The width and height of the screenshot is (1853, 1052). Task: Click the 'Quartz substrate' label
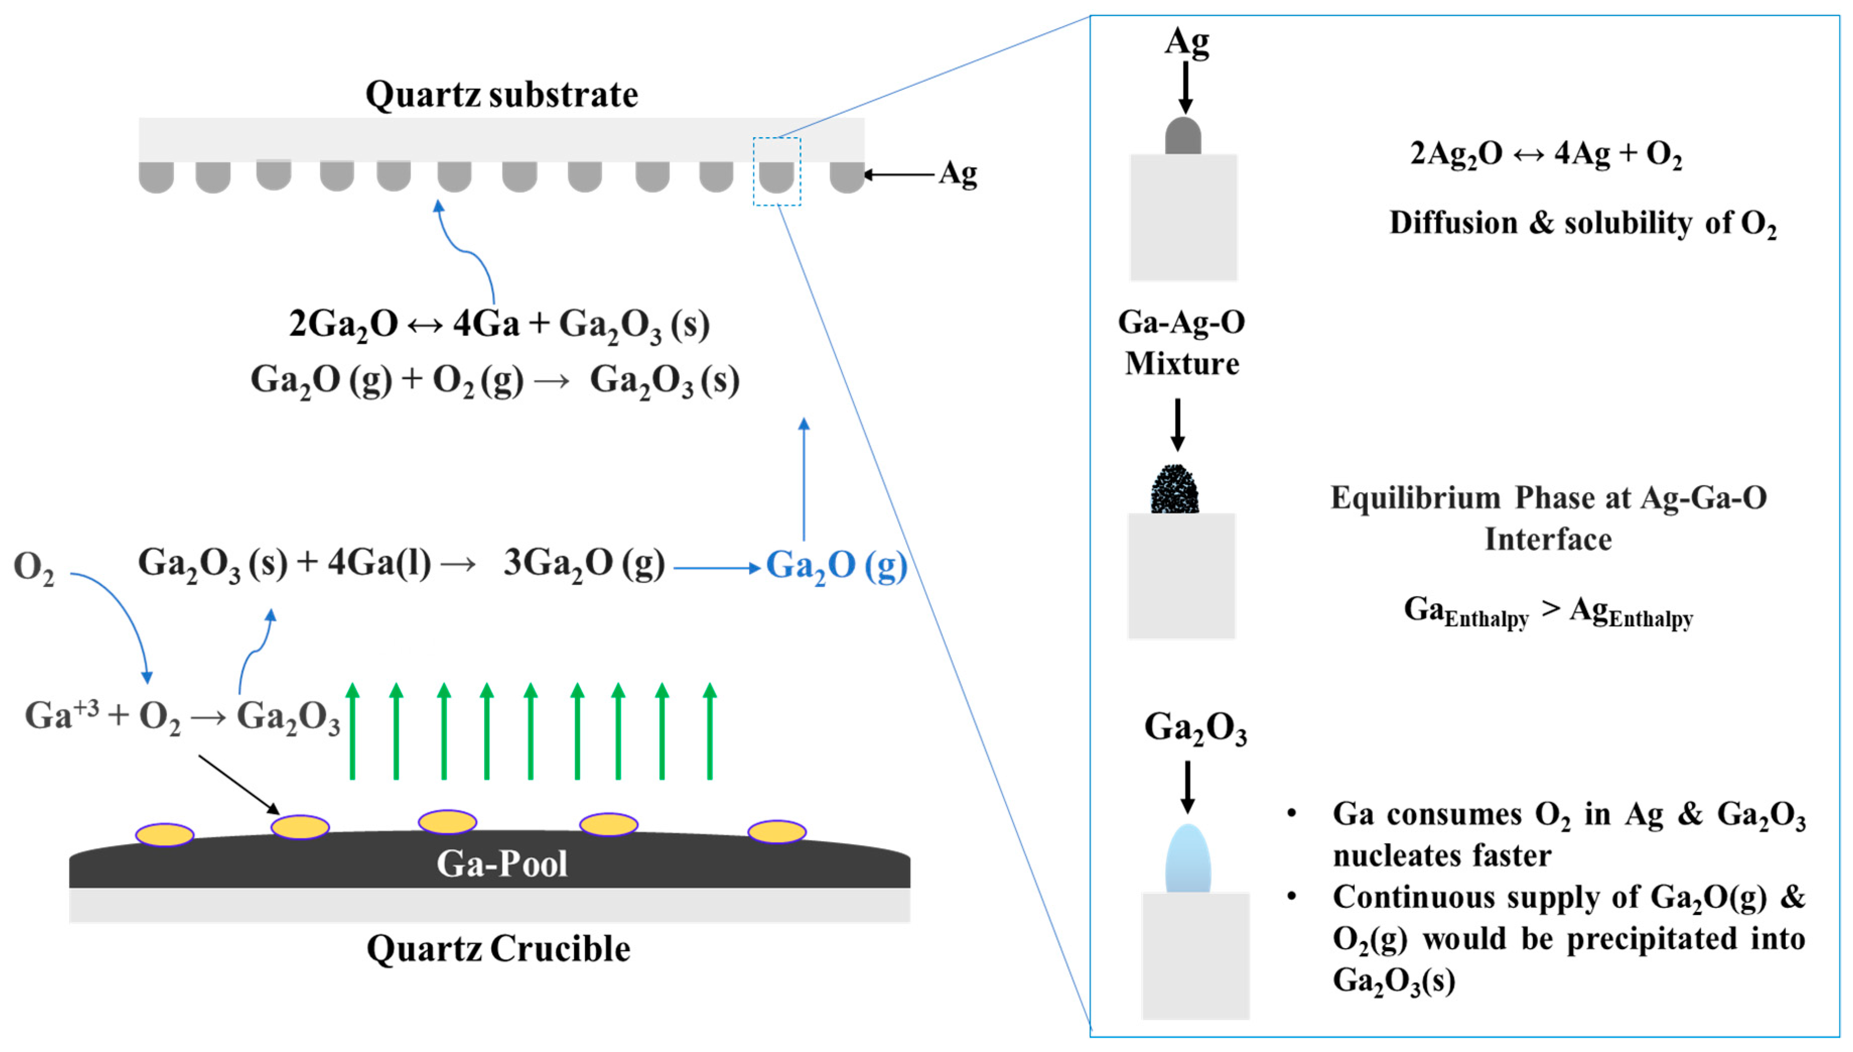501,95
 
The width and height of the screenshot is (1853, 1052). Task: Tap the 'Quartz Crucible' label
498,949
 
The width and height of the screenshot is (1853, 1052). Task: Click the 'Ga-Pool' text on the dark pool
501,864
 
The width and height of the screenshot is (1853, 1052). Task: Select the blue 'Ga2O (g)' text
836,566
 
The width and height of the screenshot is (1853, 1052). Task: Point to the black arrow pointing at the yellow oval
238,784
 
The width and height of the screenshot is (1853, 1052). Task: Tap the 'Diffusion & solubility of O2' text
1582,223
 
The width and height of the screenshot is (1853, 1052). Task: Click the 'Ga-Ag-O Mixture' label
1182,343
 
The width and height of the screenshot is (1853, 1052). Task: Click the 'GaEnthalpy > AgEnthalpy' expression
1548,612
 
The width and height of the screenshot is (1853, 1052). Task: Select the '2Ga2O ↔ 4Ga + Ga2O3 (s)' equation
498,324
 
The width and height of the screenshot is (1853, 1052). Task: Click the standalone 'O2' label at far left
33,567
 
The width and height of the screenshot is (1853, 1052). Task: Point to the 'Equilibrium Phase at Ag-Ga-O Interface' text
1548,518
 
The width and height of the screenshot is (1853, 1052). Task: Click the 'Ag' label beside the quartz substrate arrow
957,174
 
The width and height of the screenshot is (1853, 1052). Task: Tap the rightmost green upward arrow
710,731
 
